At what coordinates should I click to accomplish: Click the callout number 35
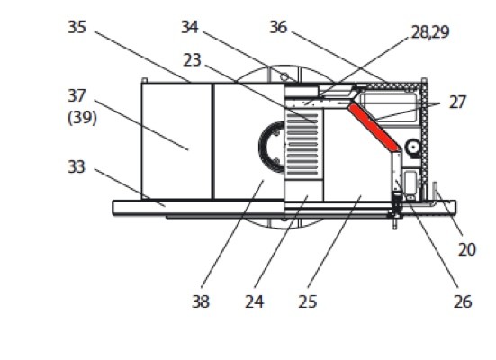coord(77,27)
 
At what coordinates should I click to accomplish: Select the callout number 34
coord(190,27)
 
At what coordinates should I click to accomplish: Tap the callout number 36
coord(278,27)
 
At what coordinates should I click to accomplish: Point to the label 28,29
coord(430,32)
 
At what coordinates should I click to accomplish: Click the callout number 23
coord(192,60)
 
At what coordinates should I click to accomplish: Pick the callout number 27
coord(457,103)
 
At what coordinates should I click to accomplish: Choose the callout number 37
coord(77,95)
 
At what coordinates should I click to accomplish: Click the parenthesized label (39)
coord(82,118)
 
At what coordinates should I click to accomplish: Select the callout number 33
coord(77,166)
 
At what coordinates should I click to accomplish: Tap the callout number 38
coord(201,301)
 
